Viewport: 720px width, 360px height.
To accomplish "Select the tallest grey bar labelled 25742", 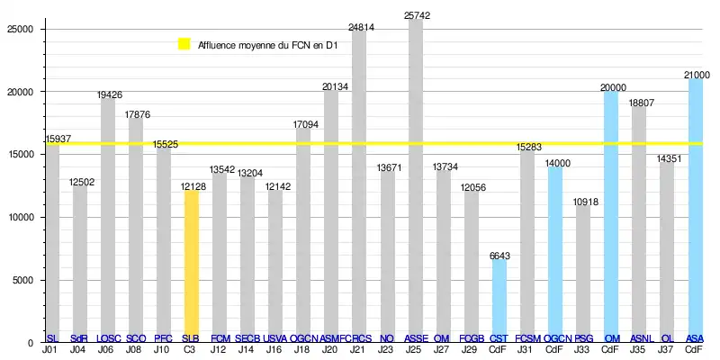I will pos(416,180).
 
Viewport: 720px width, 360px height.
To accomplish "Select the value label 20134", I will pos(331,86).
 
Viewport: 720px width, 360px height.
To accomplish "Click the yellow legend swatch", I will pos(184,43).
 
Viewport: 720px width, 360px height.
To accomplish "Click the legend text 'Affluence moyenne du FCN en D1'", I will pos(268,43).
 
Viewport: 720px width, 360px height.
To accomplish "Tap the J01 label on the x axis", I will pos(50,349).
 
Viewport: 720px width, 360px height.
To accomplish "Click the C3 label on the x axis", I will pos(191,349).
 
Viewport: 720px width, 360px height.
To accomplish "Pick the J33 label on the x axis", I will pos(583,349).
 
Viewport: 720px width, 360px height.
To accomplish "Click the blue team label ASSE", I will pos(416,338).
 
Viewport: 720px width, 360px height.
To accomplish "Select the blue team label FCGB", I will pos(472,338).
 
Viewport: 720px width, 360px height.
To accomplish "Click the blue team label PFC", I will pos(163,338).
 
